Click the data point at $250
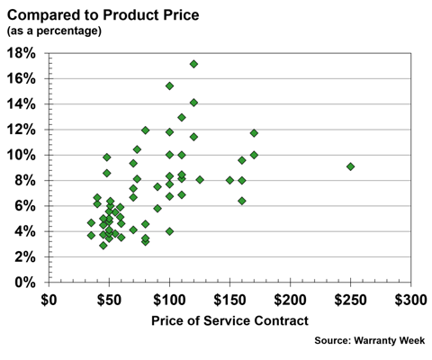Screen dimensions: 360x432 click(350, 166)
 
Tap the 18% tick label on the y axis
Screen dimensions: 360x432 click(22, 53)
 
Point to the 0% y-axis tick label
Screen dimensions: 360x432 click(25, 283)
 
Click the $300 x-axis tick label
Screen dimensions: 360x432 click(410, 299)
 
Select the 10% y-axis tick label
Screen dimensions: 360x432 click(22, 155)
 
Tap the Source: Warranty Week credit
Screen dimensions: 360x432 click(367, 341)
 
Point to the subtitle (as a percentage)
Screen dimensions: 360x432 click(54, 31)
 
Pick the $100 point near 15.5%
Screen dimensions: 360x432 click(169, 85)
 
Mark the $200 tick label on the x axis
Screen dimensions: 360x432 click(290, 299)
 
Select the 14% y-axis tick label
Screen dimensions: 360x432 click(22, 104)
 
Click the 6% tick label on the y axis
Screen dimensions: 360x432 click(25, 206)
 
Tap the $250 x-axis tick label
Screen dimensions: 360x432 click(350, 299)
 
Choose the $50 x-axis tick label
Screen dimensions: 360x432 click(110, 299)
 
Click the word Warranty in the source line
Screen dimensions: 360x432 click(378, 341)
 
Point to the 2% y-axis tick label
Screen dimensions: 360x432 click(25, 257)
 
